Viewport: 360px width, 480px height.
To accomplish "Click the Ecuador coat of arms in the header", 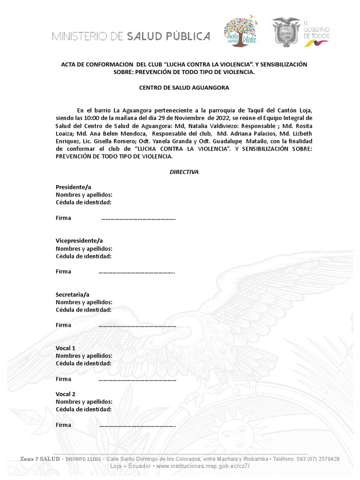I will (x=286, y=32).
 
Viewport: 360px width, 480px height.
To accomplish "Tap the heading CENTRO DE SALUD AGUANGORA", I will (x=184, y=88).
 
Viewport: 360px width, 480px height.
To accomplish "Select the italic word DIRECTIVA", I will (x=184, y=172).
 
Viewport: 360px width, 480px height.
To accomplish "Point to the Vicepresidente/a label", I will (x=79, y=240).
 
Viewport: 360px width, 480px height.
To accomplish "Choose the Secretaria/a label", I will (x=72, y=294).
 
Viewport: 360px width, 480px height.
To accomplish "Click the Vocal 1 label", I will (x=66, y=348).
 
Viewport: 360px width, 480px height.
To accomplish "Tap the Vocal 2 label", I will (x=66, y=394).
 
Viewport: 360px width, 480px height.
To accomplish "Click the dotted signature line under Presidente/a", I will (x=138, y=218).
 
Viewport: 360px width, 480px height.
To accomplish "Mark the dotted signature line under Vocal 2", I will (x=138, y=425).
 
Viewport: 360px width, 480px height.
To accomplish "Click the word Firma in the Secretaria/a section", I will (x=63, y=325).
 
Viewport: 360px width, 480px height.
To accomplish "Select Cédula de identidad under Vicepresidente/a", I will (x=83, y=256).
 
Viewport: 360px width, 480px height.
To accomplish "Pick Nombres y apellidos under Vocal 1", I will (x=84, y=356).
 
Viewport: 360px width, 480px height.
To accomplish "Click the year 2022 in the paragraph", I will (x=220, y=119).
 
